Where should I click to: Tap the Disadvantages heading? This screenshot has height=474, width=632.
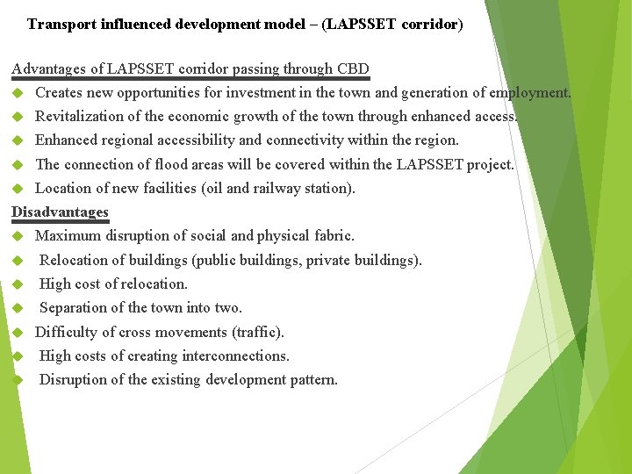[x=60, y=212]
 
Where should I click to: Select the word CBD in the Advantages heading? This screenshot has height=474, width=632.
[x=353, y=68]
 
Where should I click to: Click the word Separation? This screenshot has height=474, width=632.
[x=73, y=307]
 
